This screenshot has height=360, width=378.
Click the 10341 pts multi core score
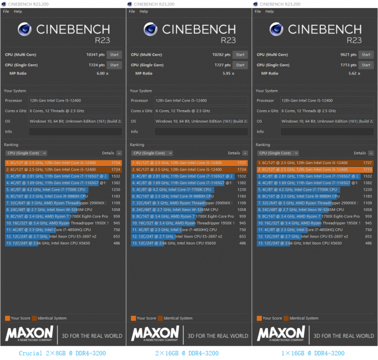point(96,55)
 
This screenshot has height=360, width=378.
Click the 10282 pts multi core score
point(222,55)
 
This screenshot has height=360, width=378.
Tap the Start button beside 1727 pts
point(240,65)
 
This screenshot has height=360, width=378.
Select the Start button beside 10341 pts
point(114,55)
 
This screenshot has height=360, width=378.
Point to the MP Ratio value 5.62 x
point(354,73)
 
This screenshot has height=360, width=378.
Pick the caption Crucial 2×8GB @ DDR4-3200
point(63,353)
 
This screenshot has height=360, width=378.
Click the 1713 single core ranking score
point(368,169)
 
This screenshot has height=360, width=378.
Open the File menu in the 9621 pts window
point(256,11)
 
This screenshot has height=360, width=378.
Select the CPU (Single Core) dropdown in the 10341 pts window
point(26,153)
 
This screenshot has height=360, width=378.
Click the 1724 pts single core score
point(97,65)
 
